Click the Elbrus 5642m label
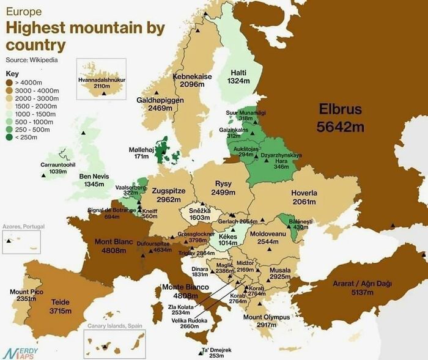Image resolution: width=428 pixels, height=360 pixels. [x=340, y=119]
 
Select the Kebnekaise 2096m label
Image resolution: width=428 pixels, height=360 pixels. [x=193, y=81]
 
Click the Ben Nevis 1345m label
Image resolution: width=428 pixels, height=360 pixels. [x=97, y=180]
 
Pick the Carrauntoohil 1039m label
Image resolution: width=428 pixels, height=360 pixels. [x=57, y=168]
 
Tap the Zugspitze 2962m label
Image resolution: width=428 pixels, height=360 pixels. [x=168, y=195]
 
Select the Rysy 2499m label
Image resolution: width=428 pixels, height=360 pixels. [x=223, y=188]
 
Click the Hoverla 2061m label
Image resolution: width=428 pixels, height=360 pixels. [x=304, y=197]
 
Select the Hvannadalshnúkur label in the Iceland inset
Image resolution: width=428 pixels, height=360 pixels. [x=101, y=83]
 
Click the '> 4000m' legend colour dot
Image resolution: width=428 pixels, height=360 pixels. [x=9, y=82]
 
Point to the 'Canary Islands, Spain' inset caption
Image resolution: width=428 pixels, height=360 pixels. [x=115, y=326]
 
